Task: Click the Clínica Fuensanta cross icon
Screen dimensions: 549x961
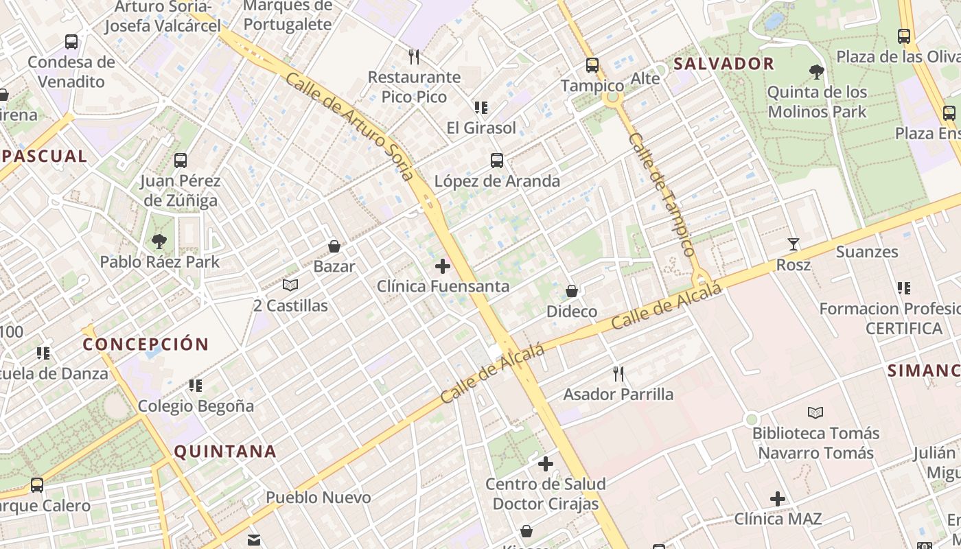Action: (x=443, y=266)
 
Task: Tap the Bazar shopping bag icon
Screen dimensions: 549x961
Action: (x=334, y=246)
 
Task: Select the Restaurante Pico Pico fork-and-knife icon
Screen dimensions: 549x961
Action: (x=413, y=56)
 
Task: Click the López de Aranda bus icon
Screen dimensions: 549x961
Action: (x=497, y=161)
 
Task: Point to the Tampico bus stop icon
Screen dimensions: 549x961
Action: (x=592, y=65)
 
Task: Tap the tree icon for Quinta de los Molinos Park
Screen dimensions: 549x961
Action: (x=816, y=71)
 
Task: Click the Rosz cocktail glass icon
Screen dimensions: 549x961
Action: (x=794, y=244)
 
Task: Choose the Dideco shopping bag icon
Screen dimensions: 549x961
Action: (x=571, y=291)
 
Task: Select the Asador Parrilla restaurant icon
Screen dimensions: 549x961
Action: (x=618, y=374)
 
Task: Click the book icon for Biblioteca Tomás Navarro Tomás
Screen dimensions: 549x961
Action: (x=815, y=412)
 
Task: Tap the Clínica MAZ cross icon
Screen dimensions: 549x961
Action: (x=778, y=499)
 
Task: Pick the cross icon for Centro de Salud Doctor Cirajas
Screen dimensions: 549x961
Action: (x=546, y=465)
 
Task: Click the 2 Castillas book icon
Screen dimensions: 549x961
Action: (x=290, y=285)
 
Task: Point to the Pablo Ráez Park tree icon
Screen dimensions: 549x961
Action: (x=159, y=242)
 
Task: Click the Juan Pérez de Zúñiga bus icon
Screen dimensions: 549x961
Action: (x=181, y=161)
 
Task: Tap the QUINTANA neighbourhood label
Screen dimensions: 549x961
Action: (x=225, y=452)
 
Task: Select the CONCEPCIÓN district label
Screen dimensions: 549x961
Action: (x=146, y=344)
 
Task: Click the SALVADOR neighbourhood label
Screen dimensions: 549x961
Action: (x=723, y=65)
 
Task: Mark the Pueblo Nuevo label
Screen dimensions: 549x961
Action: (x=319, y=498)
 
